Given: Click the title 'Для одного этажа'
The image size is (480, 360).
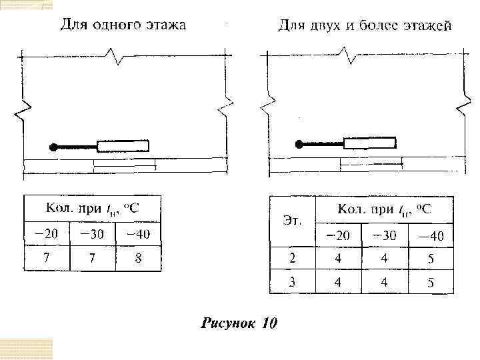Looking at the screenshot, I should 123,25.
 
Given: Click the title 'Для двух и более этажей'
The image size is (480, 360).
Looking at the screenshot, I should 365,27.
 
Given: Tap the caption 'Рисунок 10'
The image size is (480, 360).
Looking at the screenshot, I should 239,324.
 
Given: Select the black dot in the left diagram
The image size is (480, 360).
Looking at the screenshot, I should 53,147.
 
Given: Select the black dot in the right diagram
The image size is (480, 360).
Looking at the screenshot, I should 300,143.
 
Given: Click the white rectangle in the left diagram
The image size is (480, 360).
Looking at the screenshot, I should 123,146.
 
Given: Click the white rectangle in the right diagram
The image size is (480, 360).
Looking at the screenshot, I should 369,143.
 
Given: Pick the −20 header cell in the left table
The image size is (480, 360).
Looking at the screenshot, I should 47,234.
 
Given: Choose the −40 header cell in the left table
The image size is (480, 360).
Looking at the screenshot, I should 138,234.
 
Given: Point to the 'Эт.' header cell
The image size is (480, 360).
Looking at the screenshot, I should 291,221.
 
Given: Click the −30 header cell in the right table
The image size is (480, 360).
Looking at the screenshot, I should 384,235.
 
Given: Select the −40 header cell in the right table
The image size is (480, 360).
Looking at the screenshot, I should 431,235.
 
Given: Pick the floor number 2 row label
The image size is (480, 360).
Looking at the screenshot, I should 291,258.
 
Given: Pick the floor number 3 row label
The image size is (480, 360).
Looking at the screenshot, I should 291,282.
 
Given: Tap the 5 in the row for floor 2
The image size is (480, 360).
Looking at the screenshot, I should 431,259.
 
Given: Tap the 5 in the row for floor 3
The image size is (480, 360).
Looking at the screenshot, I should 431,283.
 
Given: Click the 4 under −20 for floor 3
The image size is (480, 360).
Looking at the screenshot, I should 338,282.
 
